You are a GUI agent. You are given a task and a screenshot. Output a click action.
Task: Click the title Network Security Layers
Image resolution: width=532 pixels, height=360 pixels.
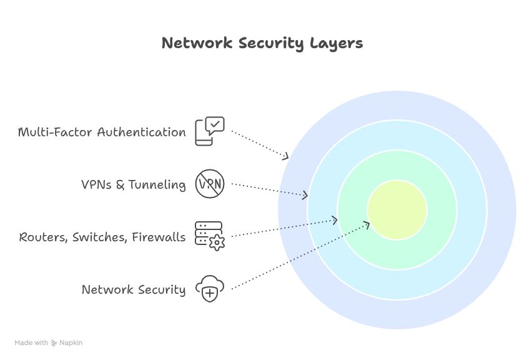(x=262, y=43)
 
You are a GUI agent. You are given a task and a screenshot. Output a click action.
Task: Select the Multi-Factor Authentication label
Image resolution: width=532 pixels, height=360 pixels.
(x=102, y=132)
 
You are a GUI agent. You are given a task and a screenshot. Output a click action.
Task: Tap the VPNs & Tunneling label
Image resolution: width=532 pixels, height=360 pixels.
(x=134, y=185)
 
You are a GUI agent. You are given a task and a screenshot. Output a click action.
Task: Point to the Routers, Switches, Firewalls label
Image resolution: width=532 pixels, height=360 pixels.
(x=102, y=237)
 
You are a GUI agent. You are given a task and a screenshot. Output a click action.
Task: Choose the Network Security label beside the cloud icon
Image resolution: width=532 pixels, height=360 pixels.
(x=134, y=290)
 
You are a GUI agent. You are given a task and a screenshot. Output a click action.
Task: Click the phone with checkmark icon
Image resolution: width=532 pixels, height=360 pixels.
(x=209, y=131)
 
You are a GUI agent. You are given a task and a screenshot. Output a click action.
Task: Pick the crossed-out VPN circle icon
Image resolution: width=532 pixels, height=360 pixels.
(x=209, y=184)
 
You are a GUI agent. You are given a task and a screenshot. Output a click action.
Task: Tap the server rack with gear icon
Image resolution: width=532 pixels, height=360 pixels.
(x=209, y=236)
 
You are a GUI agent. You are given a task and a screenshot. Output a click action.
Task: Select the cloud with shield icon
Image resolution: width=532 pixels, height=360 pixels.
(x=209, y=289)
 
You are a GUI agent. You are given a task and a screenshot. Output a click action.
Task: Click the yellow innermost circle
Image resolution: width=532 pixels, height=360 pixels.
(x=397, y=210)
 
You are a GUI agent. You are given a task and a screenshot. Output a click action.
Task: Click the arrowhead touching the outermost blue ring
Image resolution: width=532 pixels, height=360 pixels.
(x=286, y=156)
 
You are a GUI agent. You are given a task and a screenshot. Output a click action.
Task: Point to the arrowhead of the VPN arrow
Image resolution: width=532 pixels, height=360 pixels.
(x=305, y=196)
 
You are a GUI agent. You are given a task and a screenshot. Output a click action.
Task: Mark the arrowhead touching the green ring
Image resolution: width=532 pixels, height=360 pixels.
(x=335, y=220)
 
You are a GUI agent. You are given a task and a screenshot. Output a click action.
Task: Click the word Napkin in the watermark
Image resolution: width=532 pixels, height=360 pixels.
(x=71, y=343)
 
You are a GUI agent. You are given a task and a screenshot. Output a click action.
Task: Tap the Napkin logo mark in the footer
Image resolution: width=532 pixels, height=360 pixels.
(x=54, y=343)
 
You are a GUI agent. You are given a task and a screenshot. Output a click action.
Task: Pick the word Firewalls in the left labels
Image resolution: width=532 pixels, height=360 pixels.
(x=159, y=237)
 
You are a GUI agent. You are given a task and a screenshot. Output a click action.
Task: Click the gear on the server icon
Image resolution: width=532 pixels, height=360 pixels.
(x=217, y=243)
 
